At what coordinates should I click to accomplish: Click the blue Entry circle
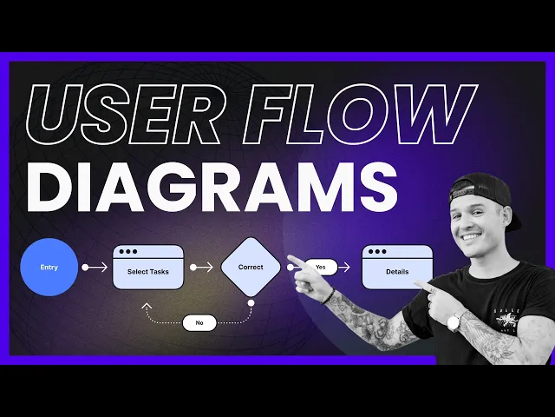pyautogui.click(x=49, y=267)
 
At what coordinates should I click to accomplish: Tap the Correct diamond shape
pyautogui.click(x=251, y=267)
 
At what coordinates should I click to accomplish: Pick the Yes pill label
pyautogui.click(x=321, y=267)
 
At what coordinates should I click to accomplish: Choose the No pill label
pyautogui.click(x=199, y=322)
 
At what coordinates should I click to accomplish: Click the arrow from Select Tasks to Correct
pyautogui.click(x=201, y=267)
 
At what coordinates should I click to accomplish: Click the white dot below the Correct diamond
pyautogui.click(x=251, y=303)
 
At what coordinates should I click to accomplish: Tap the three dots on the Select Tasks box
pyautogui.click(x=128, y=252)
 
